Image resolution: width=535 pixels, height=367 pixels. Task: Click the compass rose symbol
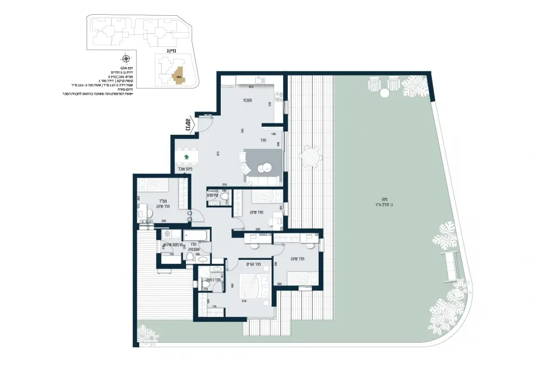pos(126,59)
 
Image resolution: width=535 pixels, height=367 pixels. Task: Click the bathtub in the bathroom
pos(197,235)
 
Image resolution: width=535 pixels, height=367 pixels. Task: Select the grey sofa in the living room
pos(263,180)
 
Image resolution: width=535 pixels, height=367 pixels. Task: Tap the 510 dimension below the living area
pos(224,184)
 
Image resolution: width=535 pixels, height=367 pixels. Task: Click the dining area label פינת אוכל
pos(185,168)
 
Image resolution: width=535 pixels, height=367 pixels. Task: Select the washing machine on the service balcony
pos(167,235)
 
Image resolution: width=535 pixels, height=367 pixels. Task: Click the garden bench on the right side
pos(451,267)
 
